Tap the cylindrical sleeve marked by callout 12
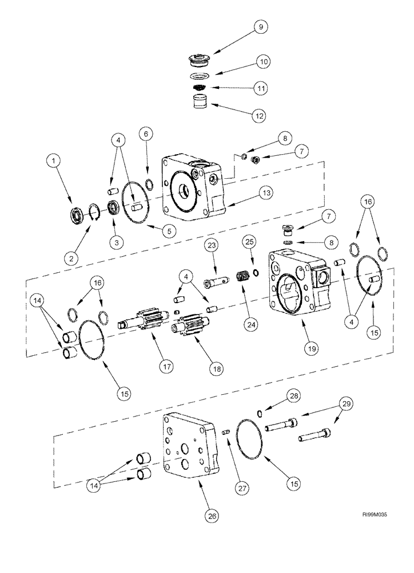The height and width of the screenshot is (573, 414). tap(200, 105)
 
